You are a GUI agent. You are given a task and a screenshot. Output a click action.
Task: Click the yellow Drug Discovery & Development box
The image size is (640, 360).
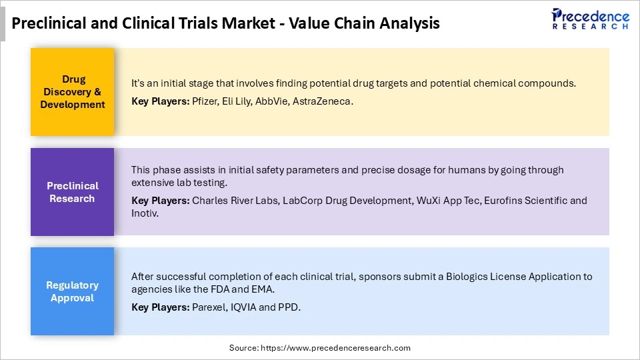72,92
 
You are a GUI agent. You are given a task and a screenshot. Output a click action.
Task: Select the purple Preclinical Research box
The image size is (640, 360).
72,192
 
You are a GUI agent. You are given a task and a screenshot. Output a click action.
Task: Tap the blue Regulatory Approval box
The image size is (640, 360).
72,291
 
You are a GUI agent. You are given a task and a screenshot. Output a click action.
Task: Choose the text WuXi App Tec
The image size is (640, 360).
446,200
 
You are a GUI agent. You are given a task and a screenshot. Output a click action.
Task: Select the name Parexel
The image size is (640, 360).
209,308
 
